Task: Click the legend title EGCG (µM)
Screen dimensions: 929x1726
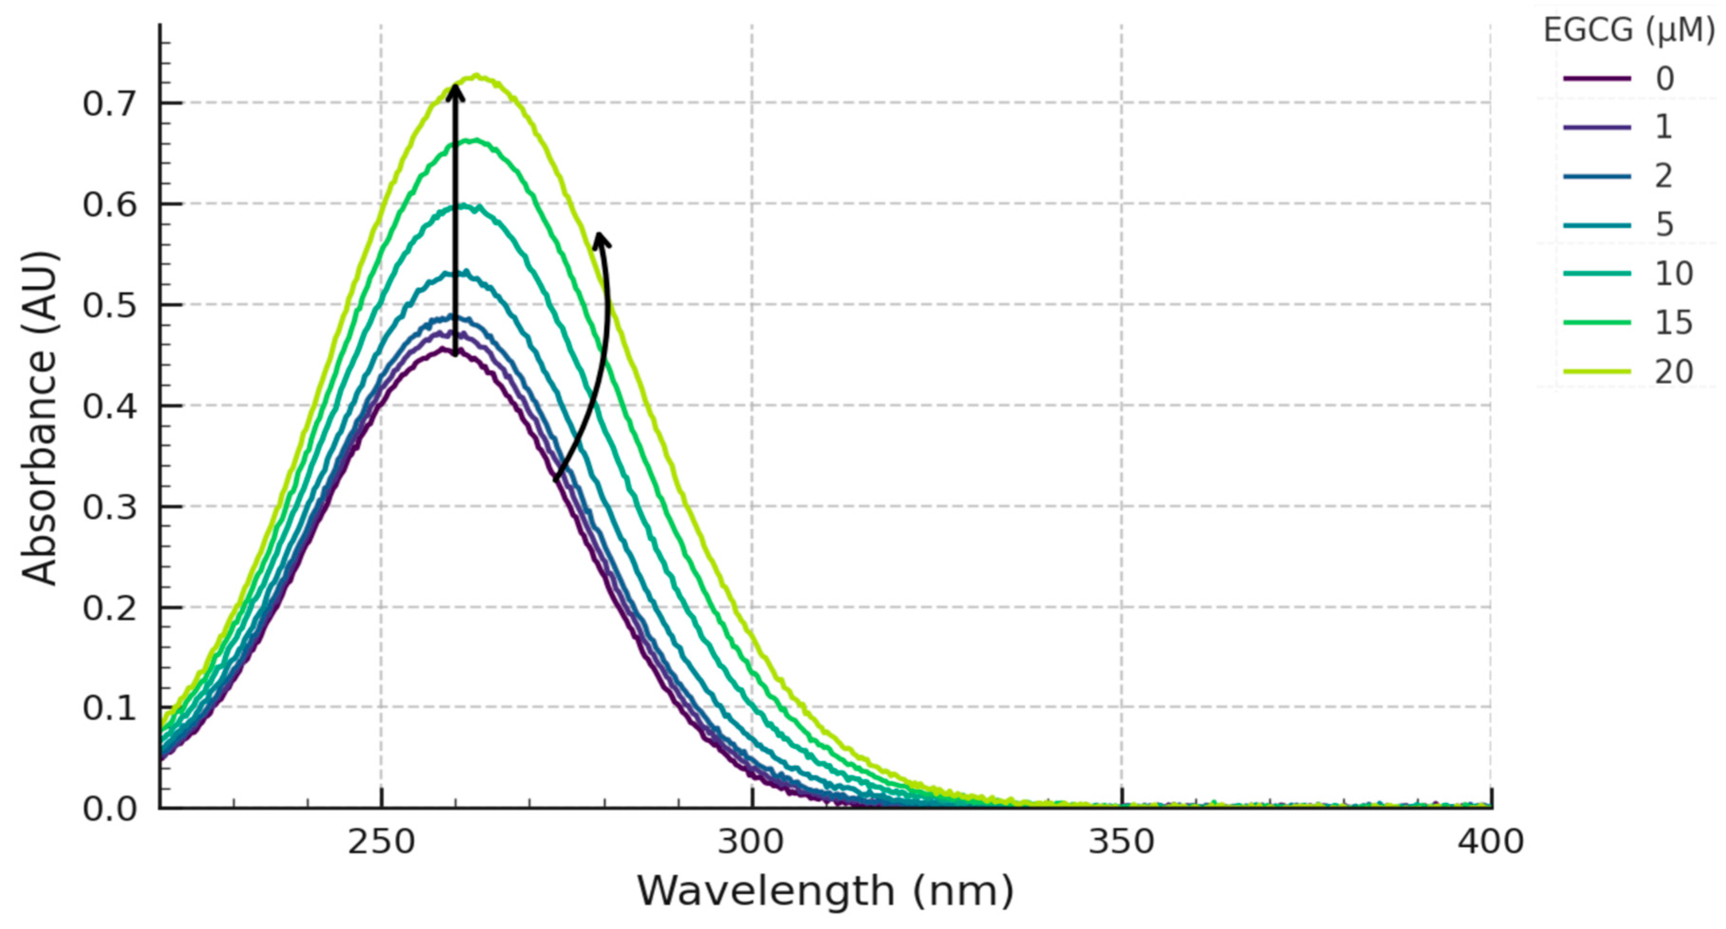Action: coord(1628,30)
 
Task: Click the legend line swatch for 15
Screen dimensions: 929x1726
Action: coord(1597,323)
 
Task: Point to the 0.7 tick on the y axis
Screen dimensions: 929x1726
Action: coord(109,104)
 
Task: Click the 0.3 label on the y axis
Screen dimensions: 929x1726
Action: coord(109,507)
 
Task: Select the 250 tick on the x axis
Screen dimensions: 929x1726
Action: coord(381,841)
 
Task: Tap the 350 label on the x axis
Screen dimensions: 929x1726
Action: coord(1121,841)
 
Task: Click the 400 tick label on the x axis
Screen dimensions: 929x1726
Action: coord(1490,841)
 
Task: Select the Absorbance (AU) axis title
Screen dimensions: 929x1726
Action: coord(39,419)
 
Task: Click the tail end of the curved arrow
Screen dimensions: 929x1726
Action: coord(556,479)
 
